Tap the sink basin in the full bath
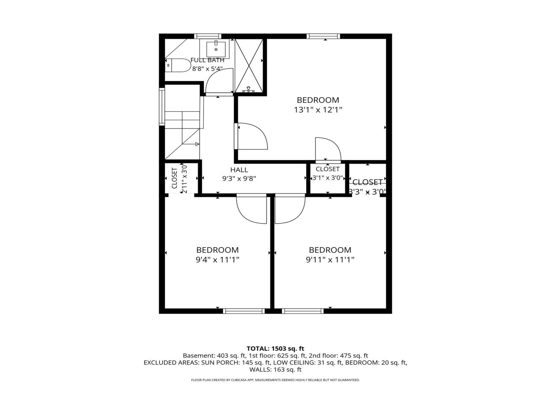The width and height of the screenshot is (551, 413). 216,50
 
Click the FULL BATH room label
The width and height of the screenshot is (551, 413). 207,60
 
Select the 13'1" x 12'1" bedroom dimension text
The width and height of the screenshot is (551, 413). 318,110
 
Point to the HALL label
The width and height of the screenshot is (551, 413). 239,170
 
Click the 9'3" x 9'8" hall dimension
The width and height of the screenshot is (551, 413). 239,179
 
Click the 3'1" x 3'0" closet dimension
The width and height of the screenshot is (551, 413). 328,178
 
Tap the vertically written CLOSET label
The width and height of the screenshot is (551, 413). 175,178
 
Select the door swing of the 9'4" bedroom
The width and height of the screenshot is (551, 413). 251,209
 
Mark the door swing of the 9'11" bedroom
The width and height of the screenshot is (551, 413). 290,209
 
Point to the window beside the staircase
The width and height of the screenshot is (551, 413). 162,106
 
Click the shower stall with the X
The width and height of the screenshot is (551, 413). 249,65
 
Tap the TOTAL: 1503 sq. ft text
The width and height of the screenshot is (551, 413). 275,349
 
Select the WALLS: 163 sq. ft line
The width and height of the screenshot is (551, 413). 275,370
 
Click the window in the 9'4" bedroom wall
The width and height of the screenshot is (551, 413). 244,311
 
